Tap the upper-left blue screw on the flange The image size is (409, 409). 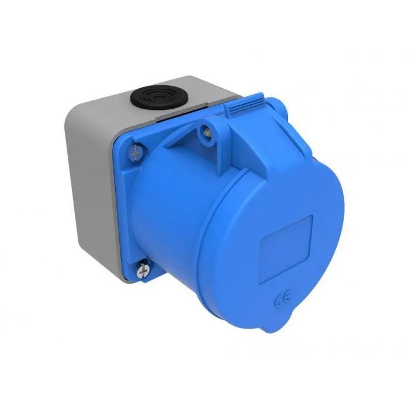pos(136,152)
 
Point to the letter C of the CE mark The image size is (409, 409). pos(276,304)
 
